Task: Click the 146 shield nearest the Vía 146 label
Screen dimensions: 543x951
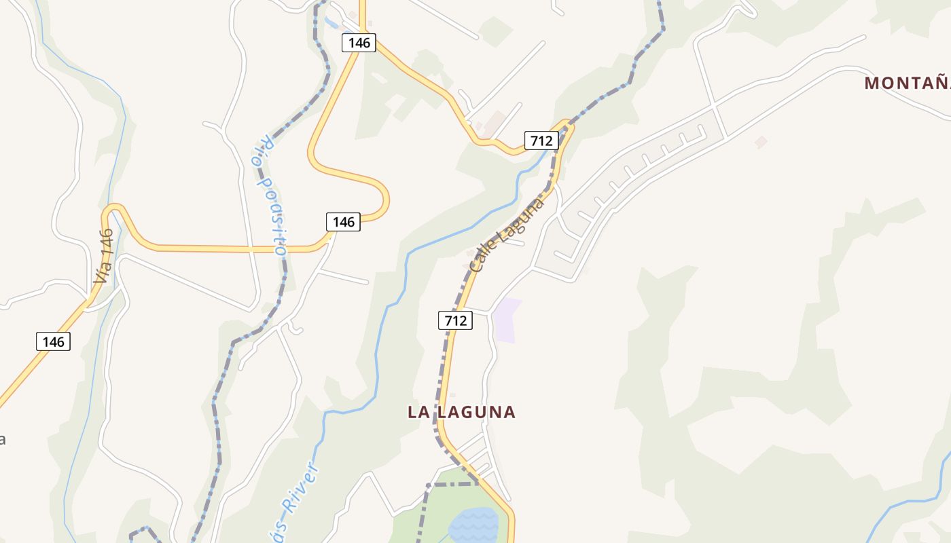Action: point(53,341)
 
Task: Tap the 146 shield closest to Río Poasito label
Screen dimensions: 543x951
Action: point(343,221)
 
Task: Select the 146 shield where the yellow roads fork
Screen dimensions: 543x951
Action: point(359,43)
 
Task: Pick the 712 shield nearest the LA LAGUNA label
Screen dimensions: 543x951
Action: point(455,320)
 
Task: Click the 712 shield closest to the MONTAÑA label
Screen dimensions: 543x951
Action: point(541,141)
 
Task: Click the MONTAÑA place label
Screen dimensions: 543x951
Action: point(907,83)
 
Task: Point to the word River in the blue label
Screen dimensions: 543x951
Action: point(300,489)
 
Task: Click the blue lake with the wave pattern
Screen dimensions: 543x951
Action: point(473,524)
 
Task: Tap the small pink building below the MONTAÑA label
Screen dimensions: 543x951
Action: point(761,142)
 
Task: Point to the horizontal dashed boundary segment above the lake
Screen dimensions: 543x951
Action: point(452,484)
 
